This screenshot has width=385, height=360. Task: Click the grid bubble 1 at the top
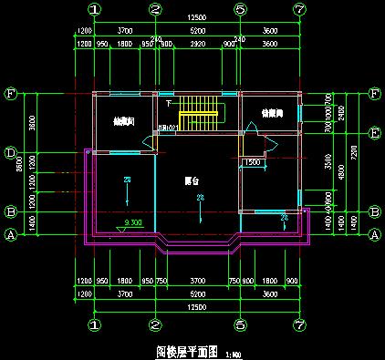[95, 9]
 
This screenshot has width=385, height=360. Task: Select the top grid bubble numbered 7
[298, 9]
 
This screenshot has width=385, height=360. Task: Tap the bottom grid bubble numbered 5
[239, 323]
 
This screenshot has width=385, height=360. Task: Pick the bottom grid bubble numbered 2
[155, 323]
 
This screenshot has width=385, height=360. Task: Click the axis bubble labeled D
[11, 152]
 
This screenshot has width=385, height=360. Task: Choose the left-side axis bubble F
[11, 93]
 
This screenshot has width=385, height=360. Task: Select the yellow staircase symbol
[201, 116]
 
